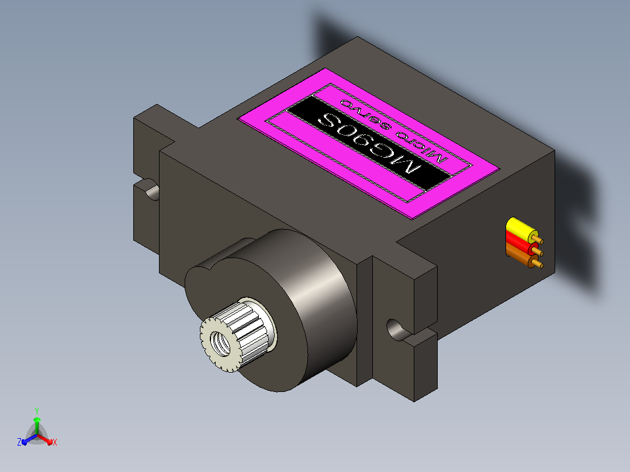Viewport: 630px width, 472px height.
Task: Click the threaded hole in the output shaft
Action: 220,343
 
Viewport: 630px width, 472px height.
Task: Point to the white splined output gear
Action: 237,336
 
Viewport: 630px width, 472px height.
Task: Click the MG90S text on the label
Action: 369,142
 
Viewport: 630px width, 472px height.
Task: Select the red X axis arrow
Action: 45,439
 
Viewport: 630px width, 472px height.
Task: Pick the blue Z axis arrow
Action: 29,439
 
